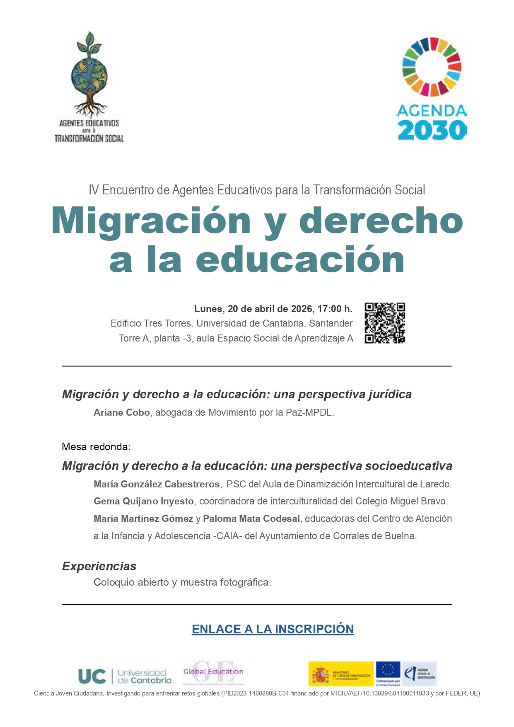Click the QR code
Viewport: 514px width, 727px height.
click(x=384, y=323)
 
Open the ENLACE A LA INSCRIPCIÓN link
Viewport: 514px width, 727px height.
click(x=273, y=629)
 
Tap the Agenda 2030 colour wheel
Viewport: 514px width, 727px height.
click(x=432, y=67)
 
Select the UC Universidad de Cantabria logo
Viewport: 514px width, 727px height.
click(x=124, y=676)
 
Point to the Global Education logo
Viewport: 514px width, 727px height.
click(x=213, y=672)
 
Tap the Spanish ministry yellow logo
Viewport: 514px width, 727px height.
click(x=341, y=674)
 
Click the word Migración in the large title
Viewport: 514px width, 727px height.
click(x=151, y=221)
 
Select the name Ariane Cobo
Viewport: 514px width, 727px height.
click(x=122, y=412)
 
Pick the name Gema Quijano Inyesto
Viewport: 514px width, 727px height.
click(x=144, y=501)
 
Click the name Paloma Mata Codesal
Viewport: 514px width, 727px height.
click(x=251, y=519)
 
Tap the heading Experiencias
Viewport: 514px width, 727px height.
click(x=99, y=566)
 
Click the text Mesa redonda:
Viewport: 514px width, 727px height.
click(x=96, y=446)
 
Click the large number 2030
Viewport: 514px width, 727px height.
click(x=432, y=130)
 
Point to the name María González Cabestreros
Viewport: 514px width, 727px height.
click(x=157, y=484)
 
